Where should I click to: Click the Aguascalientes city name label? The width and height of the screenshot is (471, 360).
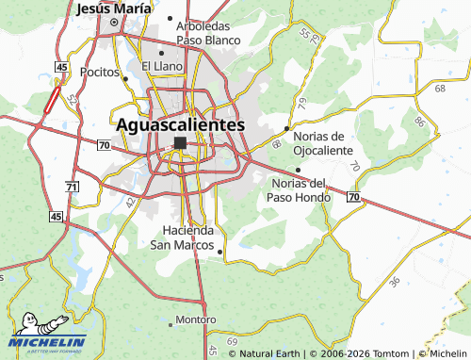coord(180,124)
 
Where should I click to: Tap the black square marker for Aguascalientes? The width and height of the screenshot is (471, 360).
coord(180,143)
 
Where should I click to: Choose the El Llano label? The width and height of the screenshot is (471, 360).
coord(161,66)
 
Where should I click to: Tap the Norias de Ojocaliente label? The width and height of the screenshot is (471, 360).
coord(323,143)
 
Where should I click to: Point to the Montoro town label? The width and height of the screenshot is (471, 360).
coord(196,319)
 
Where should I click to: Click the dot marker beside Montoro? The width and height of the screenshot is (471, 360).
coord(171,323)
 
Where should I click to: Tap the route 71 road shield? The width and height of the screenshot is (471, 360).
coord(72,188)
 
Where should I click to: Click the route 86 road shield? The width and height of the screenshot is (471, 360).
coord(419,123)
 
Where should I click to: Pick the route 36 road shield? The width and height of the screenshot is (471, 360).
coord(394,281)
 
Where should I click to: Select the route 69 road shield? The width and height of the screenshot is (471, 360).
coord(233,339)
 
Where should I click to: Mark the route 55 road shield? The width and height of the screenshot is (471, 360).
coord(304,34)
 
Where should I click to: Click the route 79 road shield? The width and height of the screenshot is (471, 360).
coord(301,102)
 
